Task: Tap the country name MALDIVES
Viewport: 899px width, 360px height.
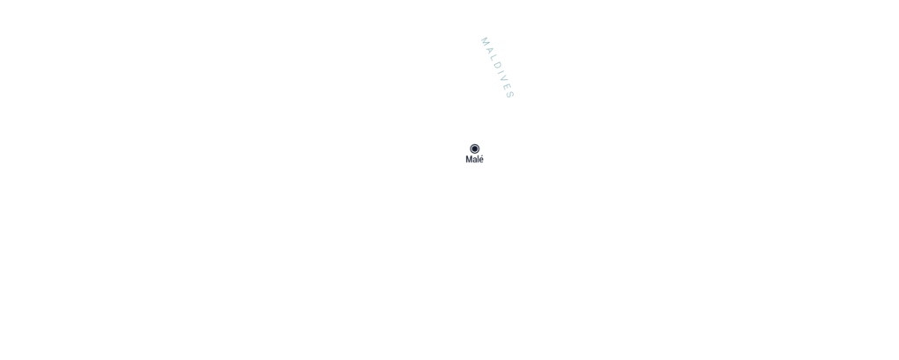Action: [497, 68]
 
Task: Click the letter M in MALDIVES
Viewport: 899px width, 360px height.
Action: [485, 41]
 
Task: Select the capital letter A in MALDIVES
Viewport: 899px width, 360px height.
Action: [489, 51]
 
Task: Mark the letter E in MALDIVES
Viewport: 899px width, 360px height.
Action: [507, 88]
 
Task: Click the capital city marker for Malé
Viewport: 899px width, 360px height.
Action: [475, 148]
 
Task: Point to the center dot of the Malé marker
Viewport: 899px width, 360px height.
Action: [475, 148]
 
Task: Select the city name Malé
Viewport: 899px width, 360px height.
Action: [475, 159]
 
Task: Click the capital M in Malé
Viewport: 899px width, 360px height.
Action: [469, 159]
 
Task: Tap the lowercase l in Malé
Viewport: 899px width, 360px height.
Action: [478, 159]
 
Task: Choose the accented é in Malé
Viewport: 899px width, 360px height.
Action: [482, 159]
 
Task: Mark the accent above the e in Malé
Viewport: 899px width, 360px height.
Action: [482, 156]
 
